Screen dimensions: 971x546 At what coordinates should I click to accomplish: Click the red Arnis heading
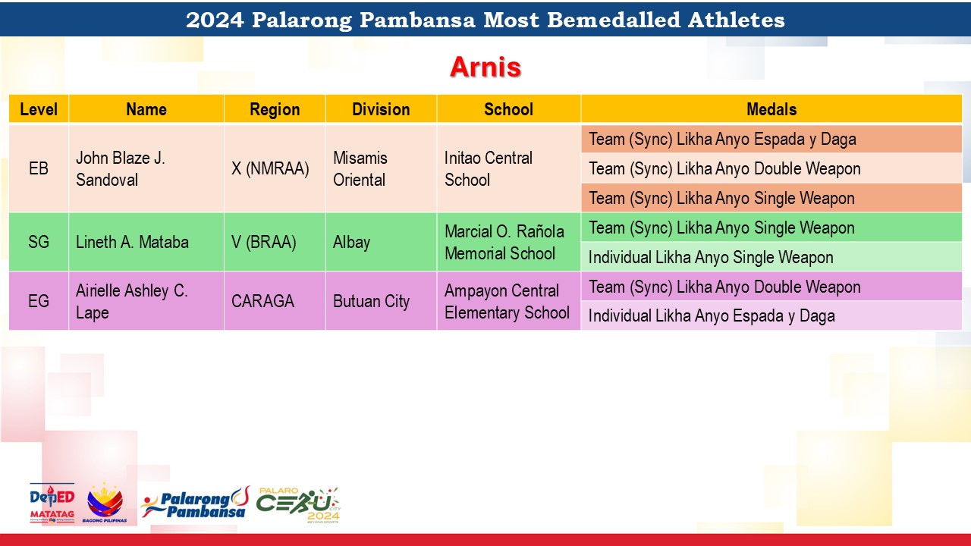click(485, 67)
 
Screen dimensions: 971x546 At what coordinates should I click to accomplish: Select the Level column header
click(39, 109)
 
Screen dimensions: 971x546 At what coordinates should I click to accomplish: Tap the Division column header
click(381, 109)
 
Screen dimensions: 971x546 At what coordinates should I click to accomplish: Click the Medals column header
click(771, 109)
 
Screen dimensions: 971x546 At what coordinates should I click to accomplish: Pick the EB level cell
click(39, 168)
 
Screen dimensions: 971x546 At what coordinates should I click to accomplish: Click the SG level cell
click(39, 242)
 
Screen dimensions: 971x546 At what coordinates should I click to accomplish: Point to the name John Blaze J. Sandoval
click(121, 168)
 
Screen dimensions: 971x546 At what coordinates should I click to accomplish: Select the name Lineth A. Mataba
click(132, 242)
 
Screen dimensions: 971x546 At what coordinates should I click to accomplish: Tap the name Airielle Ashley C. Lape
click(132, 301)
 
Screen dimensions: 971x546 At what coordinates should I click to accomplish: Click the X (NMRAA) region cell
click(270, 168)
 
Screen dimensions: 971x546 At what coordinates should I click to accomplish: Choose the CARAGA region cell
click(262, 301)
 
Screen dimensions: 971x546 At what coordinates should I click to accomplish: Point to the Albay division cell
click(351, 242)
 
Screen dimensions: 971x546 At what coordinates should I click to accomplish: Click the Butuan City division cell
click(371, 301)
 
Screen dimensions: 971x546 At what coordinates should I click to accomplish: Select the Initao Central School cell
click(489, 168)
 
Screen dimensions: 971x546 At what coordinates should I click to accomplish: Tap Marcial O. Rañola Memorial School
click(504, 242)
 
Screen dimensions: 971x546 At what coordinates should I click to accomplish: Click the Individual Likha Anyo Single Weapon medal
click(711, 257)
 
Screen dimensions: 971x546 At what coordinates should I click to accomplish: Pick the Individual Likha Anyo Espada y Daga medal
click(712, 316)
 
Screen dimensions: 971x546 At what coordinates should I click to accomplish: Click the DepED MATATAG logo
click(52, 504)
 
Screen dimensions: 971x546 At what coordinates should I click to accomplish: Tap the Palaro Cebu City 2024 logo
click(298, 505)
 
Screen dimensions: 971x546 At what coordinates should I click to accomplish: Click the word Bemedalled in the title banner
click(614, 20)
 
